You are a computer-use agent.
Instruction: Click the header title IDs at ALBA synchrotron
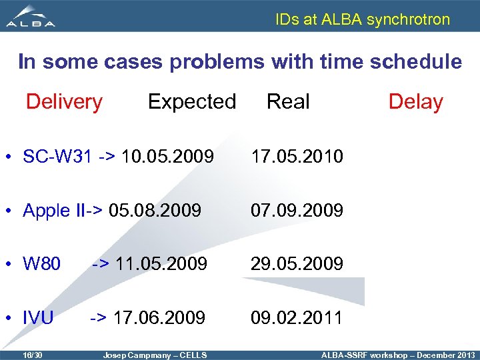pos(363,19)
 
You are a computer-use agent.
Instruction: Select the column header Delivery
pos(64,102)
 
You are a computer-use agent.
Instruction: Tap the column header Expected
pos(191,102)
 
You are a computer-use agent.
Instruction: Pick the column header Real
pos(288,102)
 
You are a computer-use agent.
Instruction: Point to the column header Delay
pos(415,102)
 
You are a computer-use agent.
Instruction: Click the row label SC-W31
pos(59,157)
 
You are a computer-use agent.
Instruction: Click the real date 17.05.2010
pos(297,157)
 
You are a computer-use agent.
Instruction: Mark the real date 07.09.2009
pos(297,211)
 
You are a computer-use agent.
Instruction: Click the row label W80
pos(42,264)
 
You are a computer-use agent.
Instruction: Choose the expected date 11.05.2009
pos(161,264)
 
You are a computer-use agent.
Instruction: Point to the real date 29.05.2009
pos(297,264)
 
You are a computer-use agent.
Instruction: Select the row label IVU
pos(38,317)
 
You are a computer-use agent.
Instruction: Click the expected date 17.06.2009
pos(159,317)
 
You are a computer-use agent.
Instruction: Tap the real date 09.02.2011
pos(297,317)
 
